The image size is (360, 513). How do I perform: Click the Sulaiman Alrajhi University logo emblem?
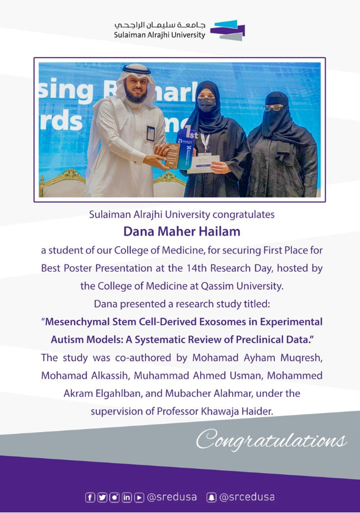[x=228, y=30]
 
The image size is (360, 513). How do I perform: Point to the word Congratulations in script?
[x=271, y=441]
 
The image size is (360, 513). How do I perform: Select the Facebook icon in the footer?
[x=90, y=497]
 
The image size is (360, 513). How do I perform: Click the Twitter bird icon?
[x=102, y=497]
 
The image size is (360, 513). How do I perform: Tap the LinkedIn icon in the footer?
[x=127, y=497]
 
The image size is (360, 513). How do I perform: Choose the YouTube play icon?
[x=139, y=497]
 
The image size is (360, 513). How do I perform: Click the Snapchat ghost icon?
[x=211, y=497]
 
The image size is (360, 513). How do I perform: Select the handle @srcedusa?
[x=247, y=497]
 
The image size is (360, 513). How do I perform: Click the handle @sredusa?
[x=172, y=497]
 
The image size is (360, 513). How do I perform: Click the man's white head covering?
[x=135, y=77]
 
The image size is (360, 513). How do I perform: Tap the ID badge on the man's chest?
[x=151, y=133]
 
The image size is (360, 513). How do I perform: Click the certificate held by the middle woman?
[x=204, y=164]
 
